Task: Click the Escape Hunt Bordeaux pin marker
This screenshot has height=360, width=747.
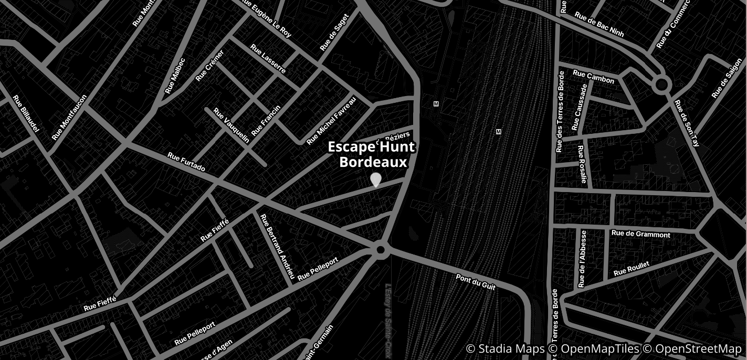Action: (376, 179)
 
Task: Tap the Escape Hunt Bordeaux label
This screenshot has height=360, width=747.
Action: (372, 154)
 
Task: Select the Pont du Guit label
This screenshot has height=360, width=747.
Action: (476, 281)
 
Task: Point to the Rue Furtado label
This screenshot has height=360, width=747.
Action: (186, 162)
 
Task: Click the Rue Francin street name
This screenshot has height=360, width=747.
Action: (266, 120)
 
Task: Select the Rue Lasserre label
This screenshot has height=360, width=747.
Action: (268, 59)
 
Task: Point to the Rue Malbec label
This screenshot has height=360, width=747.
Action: (175, 76)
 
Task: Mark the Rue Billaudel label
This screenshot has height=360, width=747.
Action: (26, 113)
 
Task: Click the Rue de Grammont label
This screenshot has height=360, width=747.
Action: (640, 234)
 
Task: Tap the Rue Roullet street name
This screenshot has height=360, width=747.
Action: (631, 269)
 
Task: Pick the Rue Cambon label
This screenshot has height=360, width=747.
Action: (593, 77)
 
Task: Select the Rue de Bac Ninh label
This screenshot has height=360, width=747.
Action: (599, 24)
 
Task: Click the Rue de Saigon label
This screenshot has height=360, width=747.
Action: (727, 82)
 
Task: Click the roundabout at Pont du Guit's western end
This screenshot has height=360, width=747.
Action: (381, 250)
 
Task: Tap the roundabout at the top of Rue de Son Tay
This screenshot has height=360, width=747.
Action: (661, 84)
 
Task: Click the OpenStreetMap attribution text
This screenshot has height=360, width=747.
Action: (698, 349)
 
